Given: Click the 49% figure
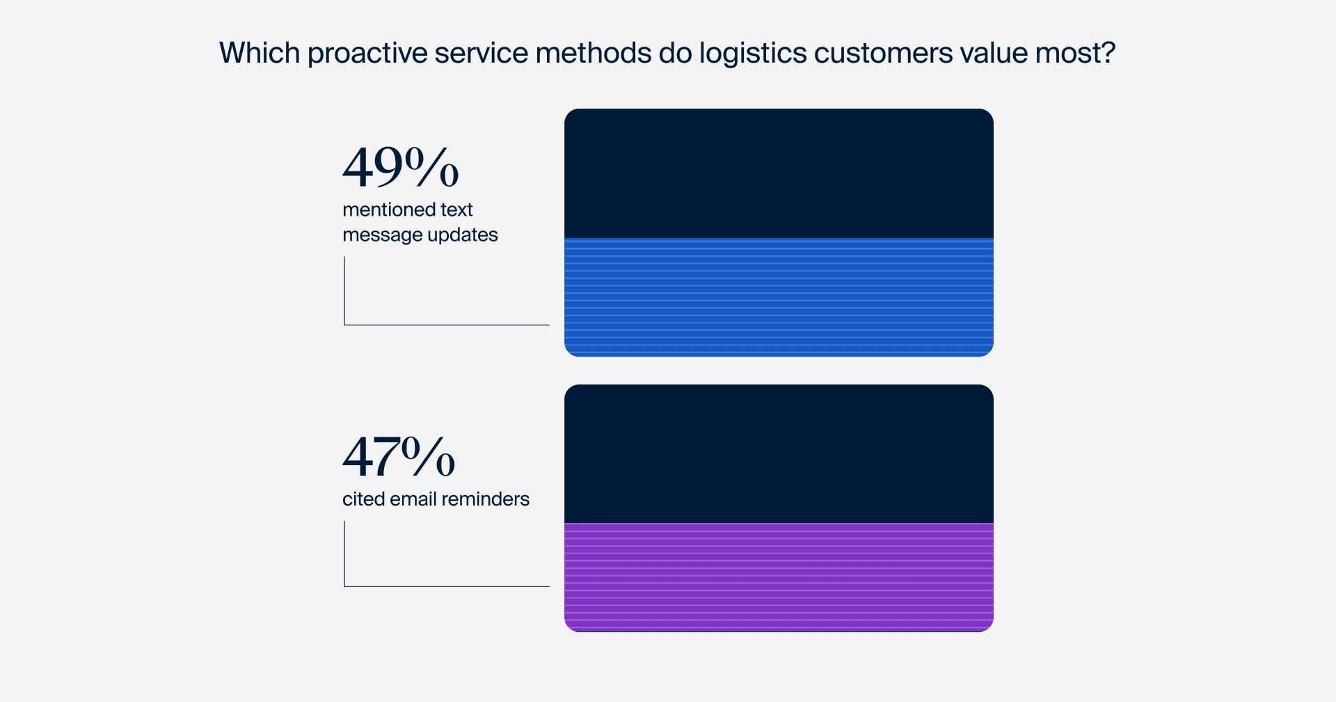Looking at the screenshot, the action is pyautogui.click(x=401, y=167).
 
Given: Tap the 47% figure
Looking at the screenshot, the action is pyautogui.click(x=399, y=456).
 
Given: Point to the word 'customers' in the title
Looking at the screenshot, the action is pyautogui.click(x=884, y=54).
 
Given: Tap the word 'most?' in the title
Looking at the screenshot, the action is pyautogui.click(x=1075, y=53).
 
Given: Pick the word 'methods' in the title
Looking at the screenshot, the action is pyautogui.click(x=594, y=53).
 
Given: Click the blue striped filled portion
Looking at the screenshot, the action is pyautogui.click(x=779, y=297).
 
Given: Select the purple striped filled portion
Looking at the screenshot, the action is pyautogui.click(x=779, y=577).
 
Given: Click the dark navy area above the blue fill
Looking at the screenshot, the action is pyautogui.click(x=779, y=173).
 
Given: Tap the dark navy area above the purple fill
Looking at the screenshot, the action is pyautogui.click(x=779, y=453).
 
